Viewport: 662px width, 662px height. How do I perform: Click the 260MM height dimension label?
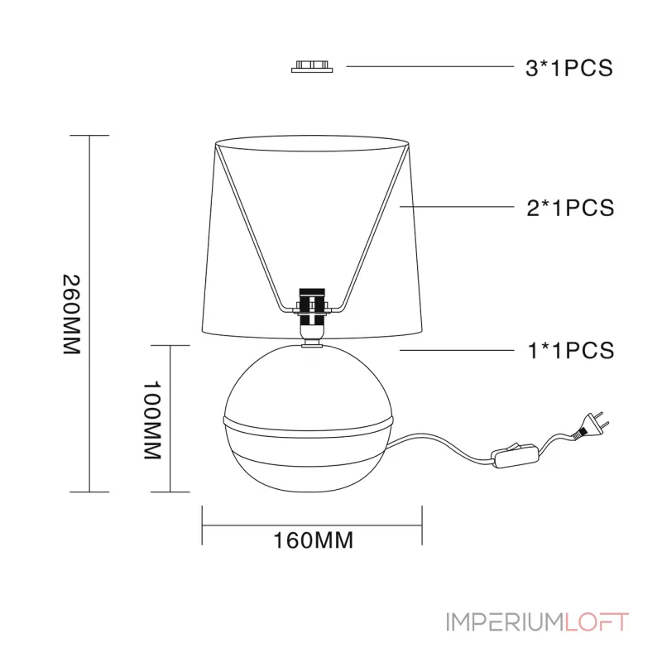point(71,314)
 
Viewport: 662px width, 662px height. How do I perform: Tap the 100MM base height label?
point(152,420)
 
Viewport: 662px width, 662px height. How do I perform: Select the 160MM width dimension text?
point(314,540)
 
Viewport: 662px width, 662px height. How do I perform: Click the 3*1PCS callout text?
point(568,68)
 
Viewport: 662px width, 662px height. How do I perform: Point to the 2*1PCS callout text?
point(570,208)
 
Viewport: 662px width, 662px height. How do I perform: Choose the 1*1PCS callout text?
point(571,350)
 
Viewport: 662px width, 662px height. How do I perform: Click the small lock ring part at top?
point(312,67)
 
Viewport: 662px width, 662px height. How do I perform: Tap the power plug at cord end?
point(591,425)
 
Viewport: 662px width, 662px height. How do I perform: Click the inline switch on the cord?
point(515,455)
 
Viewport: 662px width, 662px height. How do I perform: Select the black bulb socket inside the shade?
point(312,307)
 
